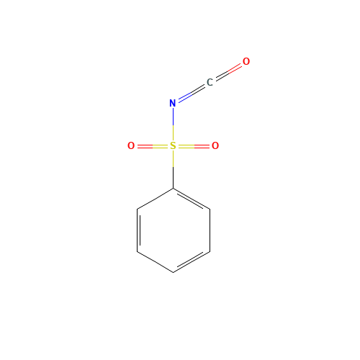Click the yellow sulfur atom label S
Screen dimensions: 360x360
(173, 146)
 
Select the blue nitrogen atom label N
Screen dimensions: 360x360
(173, 103)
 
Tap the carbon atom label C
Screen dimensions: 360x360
(210, 83)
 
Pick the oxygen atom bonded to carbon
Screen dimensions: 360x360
(246, 62)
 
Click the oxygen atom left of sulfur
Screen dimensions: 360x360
(131, 146)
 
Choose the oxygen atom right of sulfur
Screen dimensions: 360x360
(215, 146)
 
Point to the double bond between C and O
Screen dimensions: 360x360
(228, 72)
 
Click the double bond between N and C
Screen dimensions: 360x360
(191, 93)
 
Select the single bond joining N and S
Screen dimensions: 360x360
(173, 125)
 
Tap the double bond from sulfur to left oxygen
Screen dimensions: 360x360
(152, 146)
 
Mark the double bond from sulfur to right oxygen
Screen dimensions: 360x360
(194, 146)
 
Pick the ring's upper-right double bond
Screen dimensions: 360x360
(192, 199)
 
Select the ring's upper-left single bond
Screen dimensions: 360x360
(155, 199)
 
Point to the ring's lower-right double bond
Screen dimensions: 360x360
(192, 262)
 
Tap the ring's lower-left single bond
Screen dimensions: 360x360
(155, 262)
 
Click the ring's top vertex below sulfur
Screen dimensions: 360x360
(173, 189)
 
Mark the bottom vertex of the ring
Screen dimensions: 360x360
(173, 272)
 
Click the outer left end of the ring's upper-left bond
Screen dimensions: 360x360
(138, 210)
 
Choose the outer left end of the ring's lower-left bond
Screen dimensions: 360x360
(138, 252)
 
